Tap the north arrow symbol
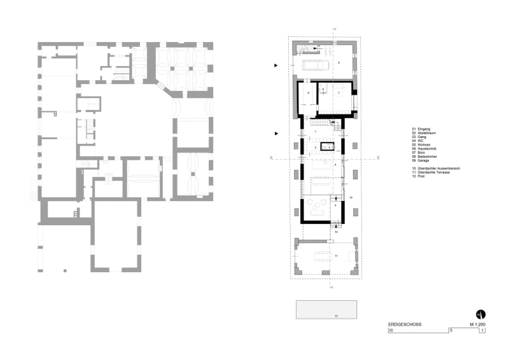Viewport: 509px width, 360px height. coord(480,314)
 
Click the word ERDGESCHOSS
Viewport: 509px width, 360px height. coord(404,324)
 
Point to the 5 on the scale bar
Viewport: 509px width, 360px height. coord(450,331)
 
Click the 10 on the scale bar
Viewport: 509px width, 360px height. coord(391,331)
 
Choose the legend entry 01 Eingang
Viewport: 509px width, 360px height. coord(421,129)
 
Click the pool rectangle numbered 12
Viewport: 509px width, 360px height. coord(326,309)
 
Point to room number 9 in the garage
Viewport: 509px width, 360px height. coord(339,62)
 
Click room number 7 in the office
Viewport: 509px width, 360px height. coord(339,93)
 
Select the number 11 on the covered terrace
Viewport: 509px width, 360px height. coord(335,255)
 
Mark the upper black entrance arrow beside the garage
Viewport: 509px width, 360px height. coord(275,65)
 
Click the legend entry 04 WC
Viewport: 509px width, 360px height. coord(419,141)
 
